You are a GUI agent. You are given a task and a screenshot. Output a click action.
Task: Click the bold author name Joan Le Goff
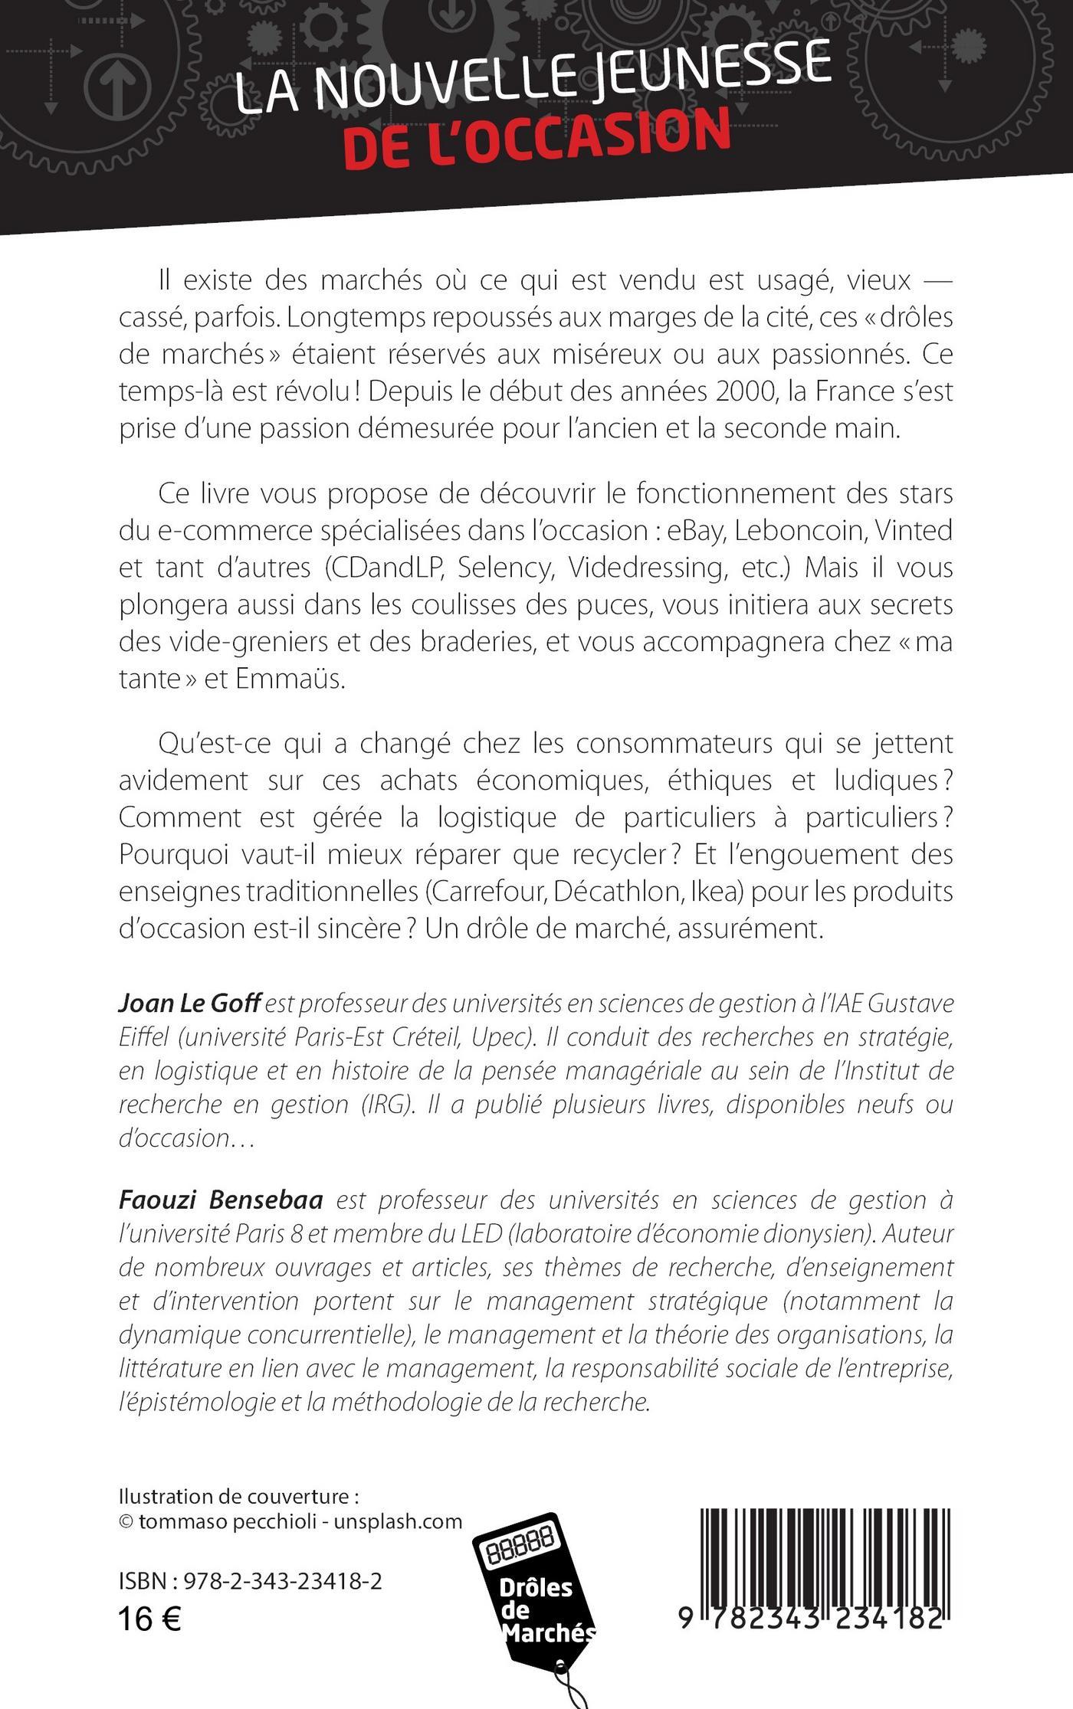tap(190, 1003)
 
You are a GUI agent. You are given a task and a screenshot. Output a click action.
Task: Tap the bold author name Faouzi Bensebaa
tap(221, 1200)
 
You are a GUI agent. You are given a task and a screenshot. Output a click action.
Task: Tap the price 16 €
tap(149, 1619)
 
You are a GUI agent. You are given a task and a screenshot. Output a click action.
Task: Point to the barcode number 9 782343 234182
tap(809, 1619)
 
